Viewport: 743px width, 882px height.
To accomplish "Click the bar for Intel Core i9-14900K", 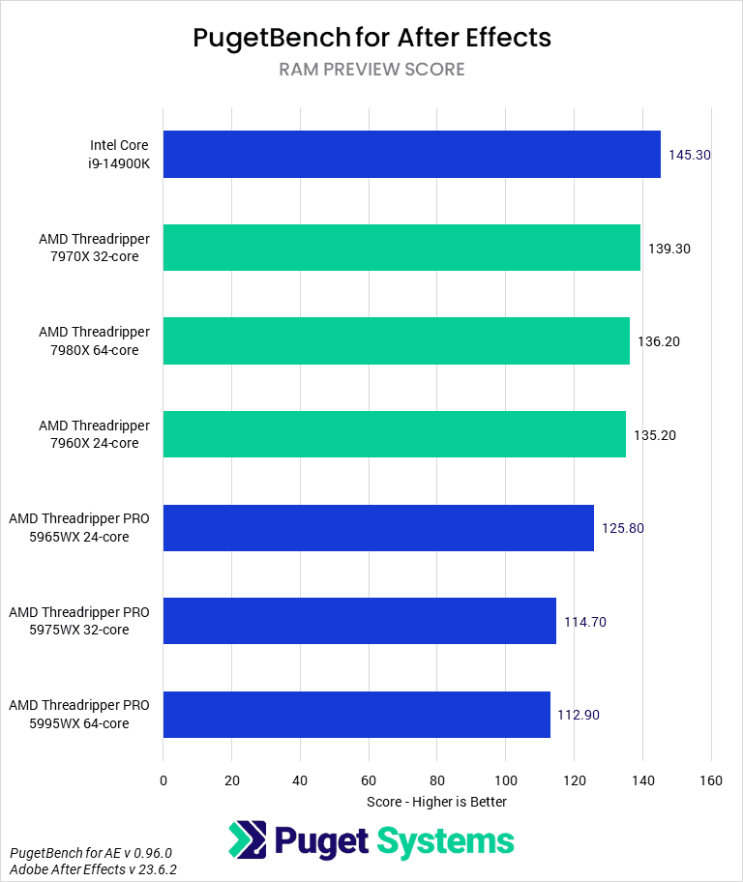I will tap(411, 155).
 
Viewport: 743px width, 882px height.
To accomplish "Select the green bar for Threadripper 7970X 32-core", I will tap(401, 248).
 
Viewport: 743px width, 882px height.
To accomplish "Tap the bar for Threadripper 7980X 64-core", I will tap(396, 340).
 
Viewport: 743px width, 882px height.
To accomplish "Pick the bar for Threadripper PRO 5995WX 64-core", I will tap(356, 715).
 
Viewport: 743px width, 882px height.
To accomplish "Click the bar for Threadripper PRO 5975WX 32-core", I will tap(359, 621).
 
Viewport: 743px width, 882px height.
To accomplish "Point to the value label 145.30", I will tap(690, 155).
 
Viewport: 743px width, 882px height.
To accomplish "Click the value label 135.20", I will tap(655, 435).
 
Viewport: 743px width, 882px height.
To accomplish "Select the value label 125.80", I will tap(623, 528).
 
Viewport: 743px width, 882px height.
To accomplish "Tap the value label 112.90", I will tap(580, 715).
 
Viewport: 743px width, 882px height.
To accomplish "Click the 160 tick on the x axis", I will tap(711, 780).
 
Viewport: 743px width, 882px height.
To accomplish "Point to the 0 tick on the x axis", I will tap(163, 780).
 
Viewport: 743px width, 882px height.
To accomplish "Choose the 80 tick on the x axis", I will tap(437, 780).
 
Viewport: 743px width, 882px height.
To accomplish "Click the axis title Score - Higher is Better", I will tap(436, 802).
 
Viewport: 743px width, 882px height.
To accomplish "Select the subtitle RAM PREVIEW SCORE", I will tap(371, 70).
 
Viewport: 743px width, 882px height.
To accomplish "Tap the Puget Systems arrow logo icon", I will tap(248, 839).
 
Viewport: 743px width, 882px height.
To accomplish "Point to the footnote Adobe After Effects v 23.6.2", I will tap(93, 869).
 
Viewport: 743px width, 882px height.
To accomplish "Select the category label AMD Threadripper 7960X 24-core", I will tap(95, 434).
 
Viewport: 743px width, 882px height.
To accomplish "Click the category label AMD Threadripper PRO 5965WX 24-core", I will tap(79, 528).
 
